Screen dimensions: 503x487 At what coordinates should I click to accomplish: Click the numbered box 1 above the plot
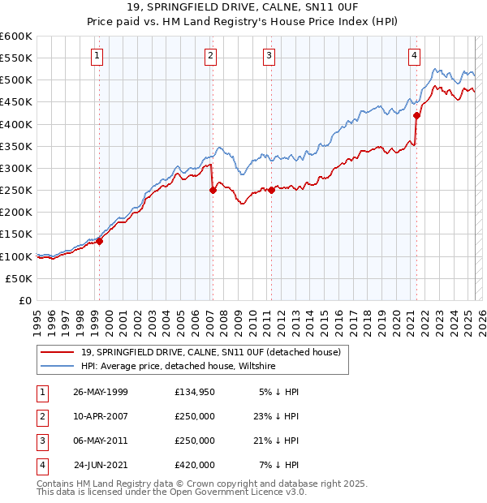(x=97, y=56)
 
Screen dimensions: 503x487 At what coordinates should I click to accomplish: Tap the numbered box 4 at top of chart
(x=414, y=56)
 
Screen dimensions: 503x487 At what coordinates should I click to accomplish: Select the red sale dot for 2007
(x=213, y=191)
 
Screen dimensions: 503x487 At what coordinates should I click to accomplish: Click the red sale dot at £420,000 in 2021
(x=416, y=115)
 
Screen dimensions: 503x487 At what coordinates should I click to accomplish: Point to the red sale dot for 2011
(x=271, y=191)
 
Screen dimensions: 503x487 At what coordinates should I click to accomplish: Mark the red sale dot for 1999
(x=100, y=241)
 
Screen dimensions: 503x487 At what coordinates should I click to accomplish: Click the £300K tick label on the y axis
(x=16, y=168)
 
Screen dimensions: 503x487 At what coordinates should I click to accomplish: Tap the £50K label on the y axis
(x=19, y=278)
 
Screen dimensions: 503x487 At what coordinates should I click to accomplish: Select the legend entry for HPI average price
(x=179, y=367)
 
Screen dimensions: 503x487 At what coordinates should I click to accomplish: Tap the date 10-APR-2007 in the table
(x=101, y=417)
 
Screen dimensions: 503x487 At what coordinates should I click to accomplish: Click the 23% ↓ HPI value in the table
(x=277, y=417)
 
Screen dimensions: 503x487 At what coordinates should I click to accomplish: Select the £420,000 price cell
(x=195, y=466)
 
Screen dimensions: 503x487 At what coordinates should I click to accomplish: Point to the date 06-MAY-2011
(x=101, y=441)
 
